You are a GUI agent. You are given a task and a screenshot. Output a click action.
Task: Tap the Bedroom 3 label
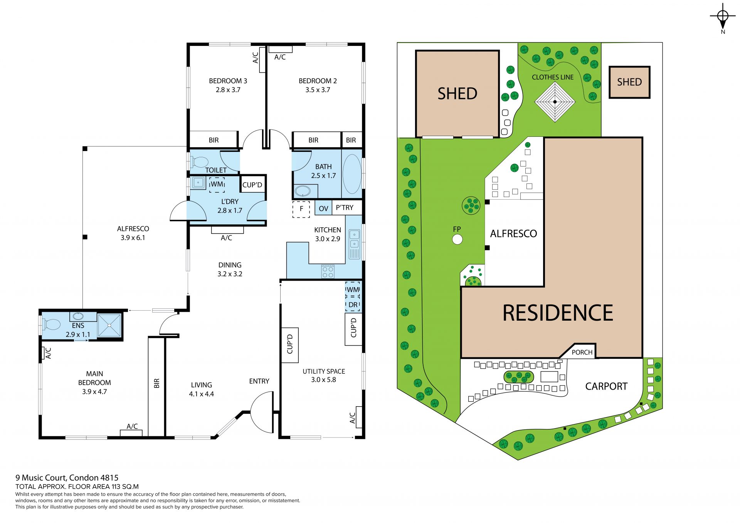pyautogui.click(x=228, y=81)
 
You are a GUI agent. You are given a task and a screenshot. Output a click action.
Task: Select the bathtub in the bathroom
pyautogui.click(x=352, y=174)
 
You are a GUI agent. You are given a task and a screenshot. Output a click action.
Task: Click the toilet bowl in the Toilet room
pyautogui.click(x=199, y=162)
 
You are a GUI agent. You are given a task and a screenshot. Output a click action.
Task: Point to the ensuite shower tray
pyautogui.click(x=109, y=325)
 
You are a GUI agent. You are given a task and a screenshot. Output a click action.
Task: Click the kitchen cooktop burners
pyautogui.click(x=328, y=271)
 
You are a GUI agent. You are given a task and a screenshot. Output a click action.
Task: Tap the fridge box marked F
pyautogui.click(x=301, y=209)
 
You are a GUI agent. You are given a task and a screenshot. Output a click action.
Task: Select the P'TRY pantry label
pyautogui.click(x=345, y=208)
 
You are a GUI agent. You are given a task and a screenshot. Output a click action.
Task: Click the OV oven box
pyautogui.click(x=323, y=209)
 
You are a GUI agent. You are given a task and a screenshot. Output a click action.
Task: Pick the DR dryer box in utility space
pyautogui.click(x=353, y=304)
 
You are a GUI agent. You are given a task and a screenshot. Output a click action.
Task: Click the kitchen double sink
pyautogui.click(x=354, y=239)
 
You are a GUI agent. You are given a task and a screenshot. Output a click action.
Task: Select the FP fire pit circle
pyautogui.click(x=457, y=240)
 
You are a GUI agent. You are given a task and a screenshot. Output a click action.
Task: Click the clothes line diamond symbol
pyautogui.click(x=555, y=102)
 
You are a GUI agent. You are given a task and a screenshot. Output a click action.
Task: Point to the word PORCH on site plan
pyautogui.click(x=582, y=352)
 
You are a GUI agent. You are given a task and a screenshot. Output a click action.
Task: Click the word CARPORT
pyautogui.click(x=606, y=386)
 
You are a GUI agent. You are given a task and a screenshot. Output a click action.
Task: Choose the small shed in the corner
pyautogui.click(x=629, y=82)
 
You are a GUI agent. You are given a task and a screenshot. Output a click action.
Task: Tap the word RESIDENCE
pyautogui.click(x=558, y=313)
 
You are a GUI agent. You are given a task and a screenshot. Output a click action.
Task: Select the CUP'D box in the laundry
pyautogui.click(x=252, y=185)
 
